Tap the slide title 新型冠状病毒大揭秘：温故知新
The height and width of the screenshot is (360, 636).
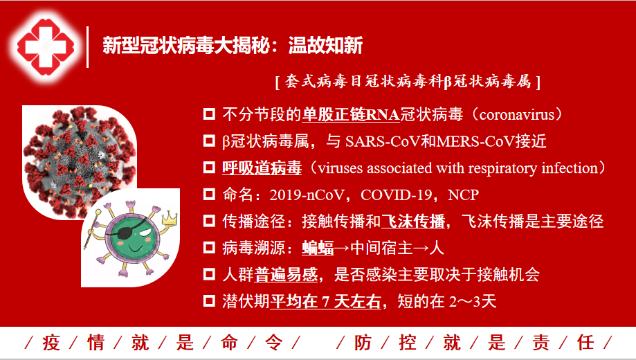click(233, 45)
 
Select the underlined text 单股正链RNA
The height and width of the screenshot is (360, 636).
click(351, 115)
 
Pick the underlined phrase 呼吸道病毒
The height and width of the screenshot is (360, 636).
click(262, 168)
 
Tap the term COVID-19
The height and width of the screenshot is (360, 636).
click(397, 195)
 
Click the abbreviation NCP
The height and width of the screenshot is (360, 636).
click(463, 195)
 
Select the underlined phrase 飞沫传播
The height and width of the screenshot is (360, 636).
click(413, 222)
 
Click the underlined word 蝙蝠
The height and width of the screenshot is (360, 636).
click(318, 248)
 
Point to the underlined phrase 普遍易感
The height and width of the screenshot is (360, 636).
click(286, 275)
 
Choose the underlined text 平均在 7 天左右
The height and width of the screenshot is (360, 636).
click(326, 302)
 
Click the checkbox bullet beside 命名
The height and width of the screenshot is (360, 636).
click(209, 194)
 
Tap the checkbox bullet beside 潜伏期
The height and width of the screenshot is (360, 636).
click(209, 300)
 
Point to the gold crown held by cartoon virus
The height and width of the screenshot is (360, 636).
click(170, 217)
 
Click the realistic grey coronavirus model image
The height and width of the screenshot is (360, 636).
click(79, 161)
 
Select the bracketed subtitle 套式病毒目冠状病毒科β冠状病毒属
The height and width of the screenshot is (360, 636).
click(408, 82)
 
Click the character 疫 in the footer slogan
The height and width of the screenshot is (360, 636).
click(51, 343)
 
